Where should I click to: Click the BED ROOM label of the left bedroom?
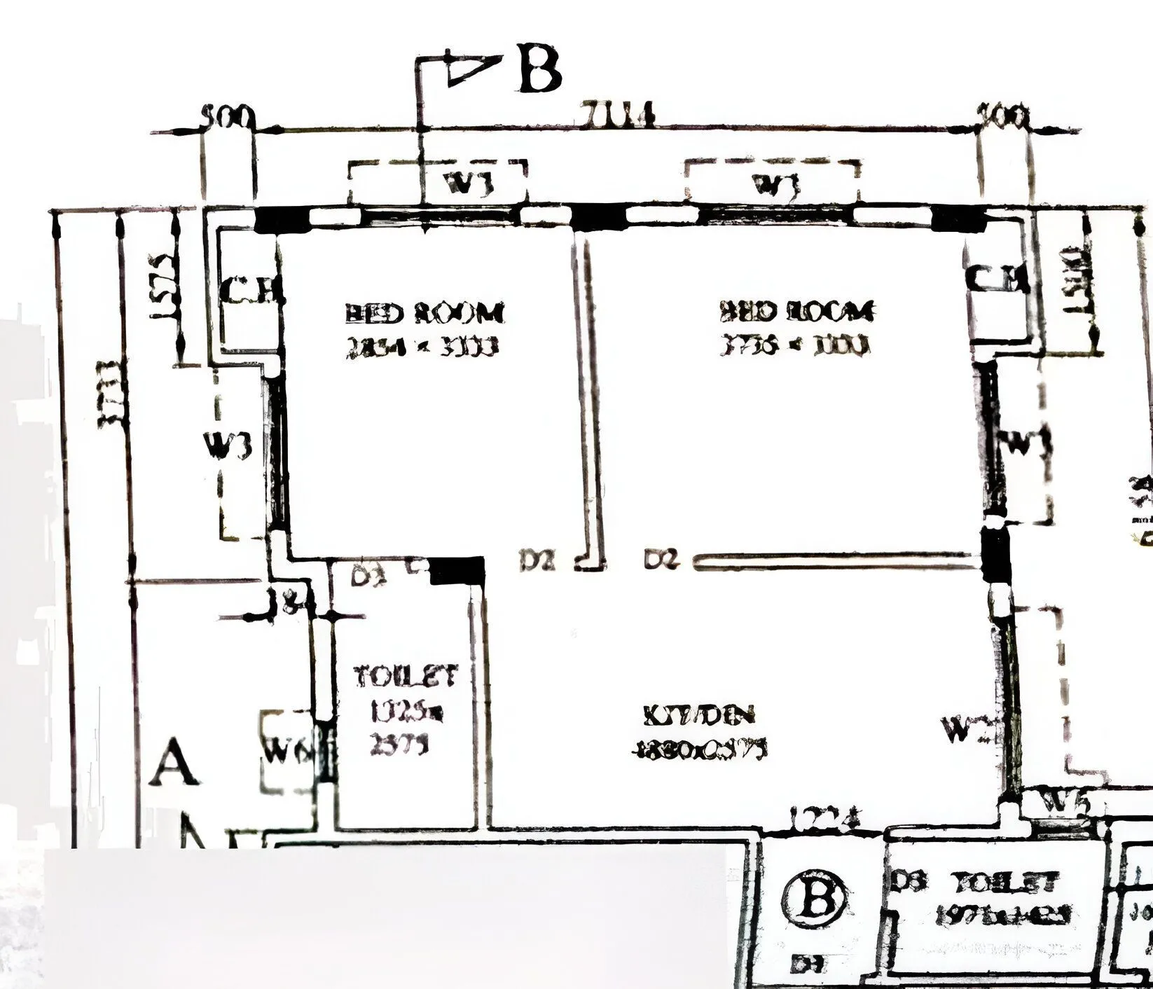[x=424, y=313]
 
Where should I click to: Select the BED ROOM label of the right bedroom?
[x=796, y=310]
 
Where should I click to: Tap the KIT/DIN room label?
[x=698, y=715]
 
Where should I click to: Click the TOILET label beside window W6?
[x=406, y=677]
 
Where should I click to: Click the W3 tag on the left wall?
[x=227, y=445]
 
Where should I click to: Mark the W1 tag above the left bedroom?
[x=469, y=184]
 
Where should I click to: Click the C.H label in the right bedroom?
[x=997, y=281]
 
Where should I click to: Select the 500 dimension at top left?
[x=226, y=116]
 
